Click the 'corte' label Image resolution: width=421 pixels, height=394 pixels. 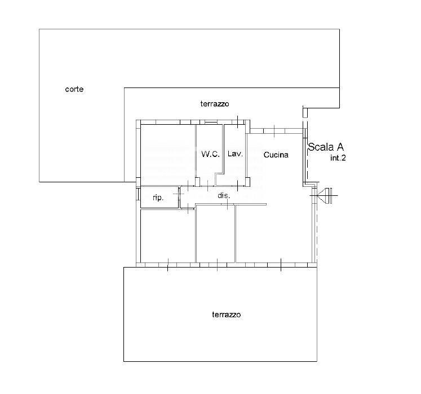[x=74, y=89]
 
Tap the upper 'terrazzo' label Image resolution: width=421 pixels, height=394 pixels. [x=215, y=104]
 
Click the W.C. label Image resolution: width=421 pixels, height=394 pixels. [x=210, y=154]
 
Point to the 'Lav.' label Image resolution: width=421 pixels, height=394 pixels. [x=235, y=154]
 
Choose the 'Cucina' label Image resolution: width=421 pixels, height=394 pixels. [x=276, y=155]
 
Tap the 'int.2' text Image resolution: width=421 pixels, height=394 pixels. [x=338, y=159]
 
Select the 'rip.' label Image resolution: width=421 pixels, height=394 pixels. [x=158, y=198]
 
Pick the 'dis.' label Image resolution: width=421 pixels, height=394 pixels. [x=224, y=196]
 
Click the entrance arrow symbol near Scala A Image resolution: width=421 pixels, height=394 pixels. [x=326, y=196]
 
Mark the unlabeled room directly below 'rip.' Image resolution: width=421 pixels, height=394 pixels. [x=167, y=236]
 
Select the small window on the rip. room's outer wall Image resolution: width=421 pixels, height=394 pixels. [x=138, y=194]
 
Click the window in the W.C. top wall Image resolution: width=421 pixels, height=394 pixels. [x=211, y=122]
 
